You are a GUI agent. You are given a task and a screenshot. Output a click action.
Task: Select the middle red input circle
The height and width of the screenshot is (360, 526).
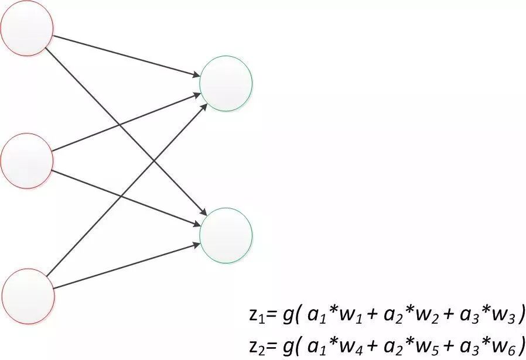27,161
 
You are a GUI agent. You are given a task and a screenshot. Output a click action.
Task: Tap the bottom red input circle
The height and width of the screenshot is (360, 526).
28,296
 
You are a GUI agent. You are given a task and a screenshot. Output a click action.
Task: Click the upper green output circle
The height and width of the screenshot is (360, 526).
226,83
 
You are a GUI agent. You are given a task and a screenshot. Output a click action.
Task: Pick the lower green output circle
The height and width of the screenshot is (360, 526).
226,235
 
